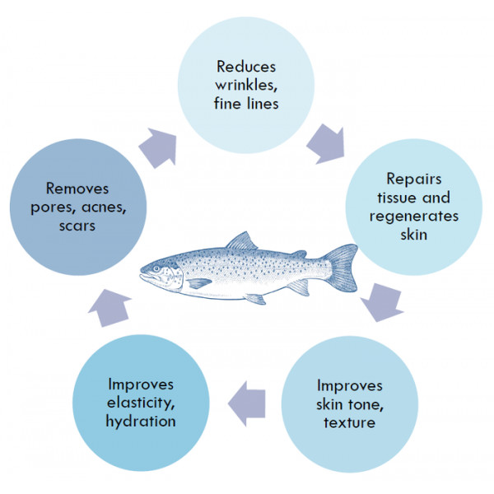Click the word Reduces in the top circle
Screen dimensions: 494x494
[246, 67]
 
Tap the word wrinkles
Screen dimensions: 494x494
[246, 85]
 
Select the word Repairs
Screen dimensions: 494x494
[413, 179]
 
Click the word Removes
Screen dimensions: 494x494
[77, 189]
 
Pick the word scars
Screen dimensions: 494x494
[77, 226]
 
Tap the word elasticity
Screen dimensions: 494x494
[141, 403]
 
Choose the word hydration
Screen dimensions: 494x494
[141, 421]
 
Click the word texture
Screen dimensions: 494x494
[349, 422]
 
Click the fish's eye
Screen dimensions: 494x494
[156, 268]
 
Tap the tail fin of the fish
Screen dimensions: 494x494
[341, 268]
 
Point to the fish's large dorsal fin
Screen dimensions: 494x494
[241, 241]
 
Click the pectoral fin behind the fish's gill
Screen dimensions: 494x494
[198, 283]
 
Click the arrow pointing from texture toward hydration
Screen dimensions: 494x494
[247, 403]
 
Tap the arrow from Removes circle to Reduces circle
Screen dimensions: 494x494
[158, 147]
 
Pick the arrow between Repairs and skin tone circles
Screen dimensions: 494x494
[382, 302]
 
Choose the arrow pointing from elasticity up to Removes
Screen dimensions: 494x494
[110, 308]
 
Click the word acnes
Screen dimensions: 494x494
[104, 207]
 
